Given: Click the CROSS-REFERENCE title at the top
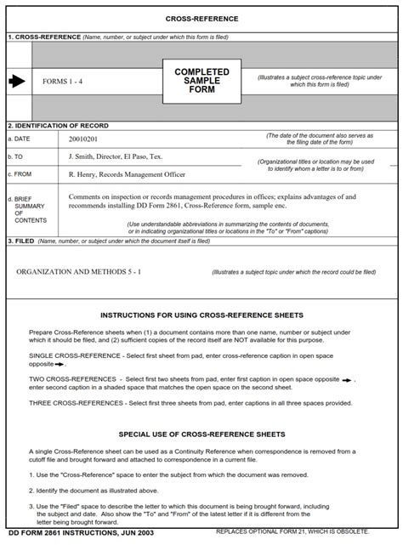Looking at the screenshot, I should point(201,18).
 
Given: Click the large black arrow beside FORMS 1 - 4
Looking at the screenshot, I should point(17,82).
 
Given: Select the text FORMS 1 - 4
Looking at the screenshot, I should point(62,82).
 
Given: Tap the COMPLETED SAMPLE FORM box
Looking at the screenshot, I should point(201,81).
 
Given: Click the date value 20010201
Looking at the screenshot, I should point(83,138).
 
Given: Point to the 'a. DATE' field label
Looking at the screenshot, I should point(20,138).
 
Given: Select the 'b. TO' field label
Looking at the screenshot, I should point(16,156).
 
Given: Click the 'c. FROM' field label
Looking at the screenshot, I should point(20,175).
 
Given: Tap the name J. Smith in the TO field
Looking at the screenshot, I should point(83,156).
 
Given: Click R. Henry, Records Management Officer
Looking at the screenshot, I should point(126,175).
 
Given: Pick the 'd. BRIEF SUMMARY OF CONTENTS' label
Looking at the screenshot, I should point(29,209).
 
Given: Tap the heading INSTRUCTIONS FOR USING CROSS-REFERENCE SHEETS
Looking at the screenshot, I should point(201,315).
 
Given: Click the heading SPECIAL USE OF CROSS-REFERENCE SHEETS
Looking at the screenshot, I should point(201,433).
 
